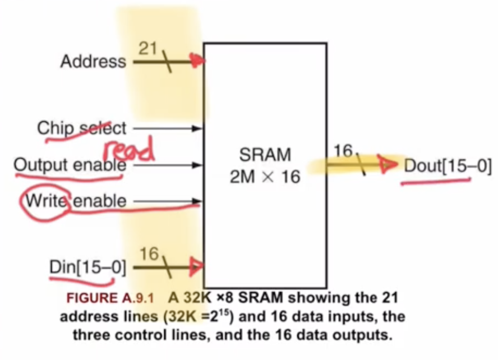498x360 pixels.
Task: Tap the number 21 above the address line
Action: pyautogui.click(x=147, y=49)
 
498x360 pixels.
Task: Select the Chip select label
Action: pyautogui.click(x=82, y=128)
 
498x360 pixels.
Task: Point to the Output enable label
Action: pyautogui.click(x=70, y=165)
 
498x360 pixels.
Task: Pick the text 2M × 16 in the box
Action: pyautogui.click(x=265, y=178)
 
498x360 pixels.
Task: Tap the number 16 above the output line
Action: pyautogui.click(x=344, y=151)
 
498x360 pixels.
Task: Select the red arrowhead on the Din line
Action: pyautogui.click(x=196, y=265)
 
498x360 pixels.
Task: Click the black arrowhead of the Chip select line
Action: pyautogui.click(x=197, y=128)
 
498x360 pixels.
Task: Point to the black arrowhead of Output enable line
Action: pyautogui.click(x=197, y=165)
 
